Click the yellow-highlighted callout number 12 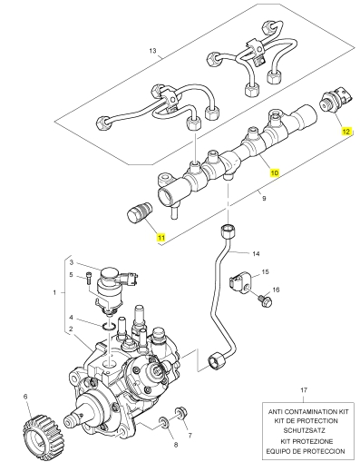(346, 132)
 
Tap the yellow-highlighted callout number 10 (275, 172)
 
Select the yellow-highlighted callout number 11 (161, 237)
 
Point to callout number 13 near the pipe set (152, 51)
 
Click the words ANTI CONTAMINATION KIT (308, 412)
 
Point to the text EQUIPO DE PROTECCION (306, 451)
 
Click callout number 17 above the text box (304, 390)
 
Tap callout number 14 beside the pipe (256, 253)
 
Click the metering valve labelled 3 (112, 289)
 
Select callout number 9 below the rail (264, 199)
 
